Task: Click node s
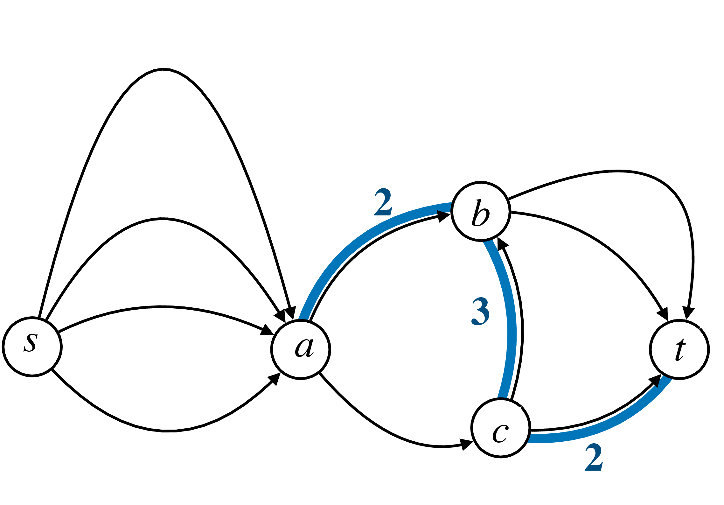(x=32, y=347)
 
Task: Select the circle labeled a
(x=301, y=349)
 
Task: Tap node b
(x=481, y=212)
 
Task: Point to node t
(x=679, y=349)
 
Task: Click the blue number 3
(x=480, y=311)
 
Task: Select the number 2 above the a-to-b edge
(x=383, y=202)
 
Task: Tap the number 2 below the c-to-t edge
(x=594, y=457)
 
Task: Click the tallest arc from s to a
(x=162, y=69)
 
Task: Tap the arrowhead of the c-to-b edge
(x=502, y=243)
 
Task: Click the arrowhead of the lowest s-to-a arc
(x=275, y=379)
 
